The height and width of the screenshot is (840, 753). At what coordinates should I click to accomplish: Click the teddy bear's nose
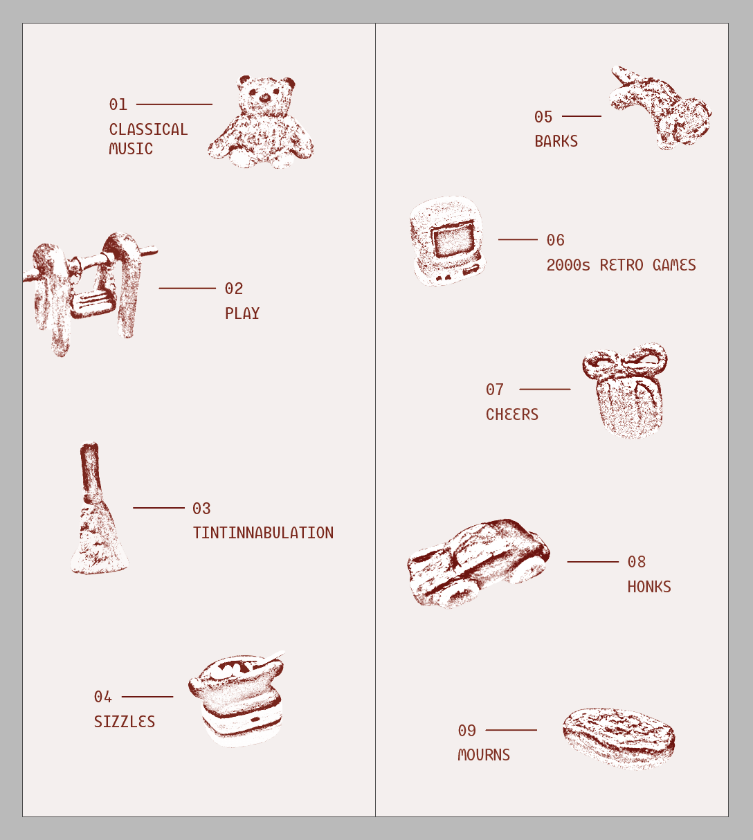(264, 98)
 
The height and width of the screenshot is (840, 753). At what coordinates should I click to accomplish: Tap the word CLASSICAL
(148, 129)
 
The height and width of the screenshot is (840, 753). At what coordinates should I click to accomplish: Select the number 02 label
(234, 289)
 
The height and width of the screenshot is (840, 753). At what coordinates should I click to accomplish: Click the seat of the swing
(92, 304)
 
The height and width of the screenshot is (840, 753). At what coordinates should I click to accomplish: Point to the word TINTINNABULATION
(263, 533)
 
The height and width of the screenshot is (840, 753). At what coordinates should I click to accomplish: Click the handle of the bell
(90, 471)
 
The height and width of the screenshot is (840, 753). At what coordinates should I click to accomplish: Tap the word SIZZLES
(125, 722)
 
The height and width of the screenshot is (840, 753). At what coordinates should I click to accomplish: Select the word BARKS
(556, 141)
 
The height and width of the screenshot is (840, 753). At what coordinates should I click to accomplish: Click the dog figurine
(661, 108)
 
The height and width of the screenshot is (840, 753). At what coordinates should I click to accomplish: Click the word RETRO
(621, 265)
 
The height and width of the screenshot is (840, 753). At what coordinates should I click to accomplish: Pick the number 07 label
(495, 390)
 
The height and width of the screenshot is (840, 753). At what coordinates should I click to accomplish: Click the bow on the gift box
(625, 360)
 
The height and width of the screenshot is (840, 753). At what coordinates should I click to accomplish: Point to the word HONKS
(649, 587)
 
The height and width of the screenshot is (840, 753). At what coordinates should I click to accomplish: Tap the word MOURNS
(484, 755)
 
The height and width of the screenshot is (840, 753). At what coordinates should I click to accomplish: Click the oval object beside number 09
(619, 738)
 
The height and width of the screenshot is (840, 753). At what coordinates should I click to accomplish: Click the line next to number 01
(174, 104)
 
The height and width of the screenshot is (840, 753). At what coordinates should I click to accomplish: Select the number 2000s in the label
(568, 265)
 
